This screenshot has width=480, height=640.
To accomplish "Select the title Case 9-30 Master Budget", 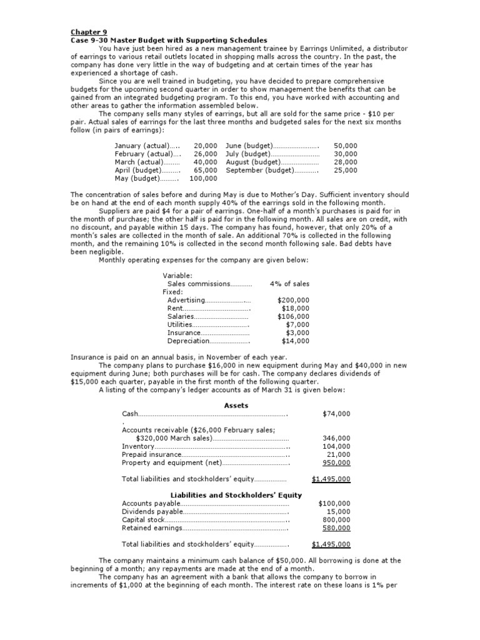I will (168, 39).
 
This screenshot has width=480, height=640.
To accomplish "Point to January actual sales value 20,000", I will (206, 145).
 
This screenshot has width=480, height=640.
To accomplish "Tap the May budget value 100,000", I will (203, 177).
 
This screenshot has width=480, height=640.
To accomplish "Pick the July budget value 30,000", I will (346, 153).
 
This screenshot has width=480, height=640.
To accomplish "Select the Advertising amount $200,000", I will (293, 300).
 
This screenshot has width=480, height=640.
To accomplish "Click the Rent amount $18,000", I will (295, 308).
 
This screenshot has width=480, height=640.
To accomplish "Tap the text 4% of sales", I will (289, 284).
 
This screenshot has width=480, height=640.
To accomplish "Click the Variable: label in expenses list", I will (177, 275).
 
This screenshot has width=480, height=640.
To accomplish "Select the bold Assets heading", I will (236, 406).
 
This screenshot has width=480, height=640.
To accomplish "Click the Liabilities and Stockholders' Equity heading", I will (236, 495).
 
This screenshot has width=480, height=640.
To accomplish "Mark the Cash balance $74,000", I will (336, 414).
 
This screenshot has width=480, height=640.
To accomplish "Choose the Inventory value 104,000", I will (336, 446).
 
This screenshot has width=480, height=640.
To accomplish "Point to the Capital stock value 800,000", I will (336, 519).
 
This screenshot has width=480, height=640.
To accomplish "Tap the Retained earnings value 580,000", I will (336, 527).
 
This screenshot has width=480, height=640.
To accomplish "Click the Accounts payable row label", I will (151, 503).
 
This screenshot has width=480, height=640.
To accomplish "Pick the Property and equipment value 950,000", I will (336, 462).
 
